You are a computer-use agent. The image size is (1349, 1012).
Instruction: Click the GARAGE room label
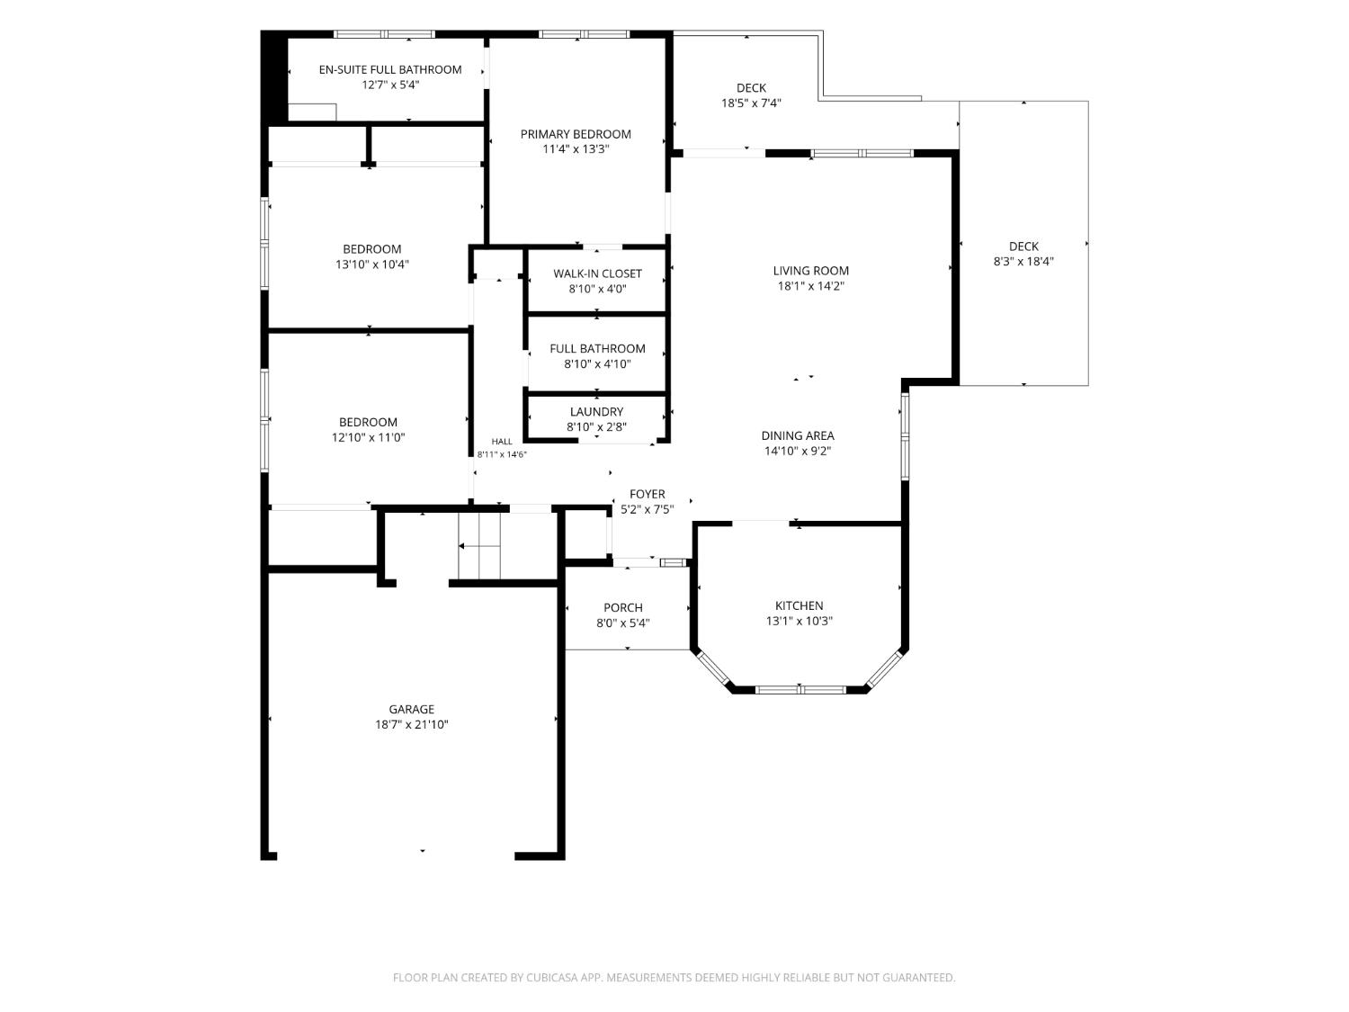point(411,709)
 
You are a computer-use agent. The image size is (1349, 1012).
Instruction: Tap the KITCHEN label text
point(799,605)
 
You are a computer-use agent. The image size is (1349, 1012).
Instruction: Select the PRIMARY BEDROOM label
point(576,134)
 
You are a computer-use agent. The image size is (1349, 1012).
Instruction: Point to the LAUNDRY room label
point(596,412)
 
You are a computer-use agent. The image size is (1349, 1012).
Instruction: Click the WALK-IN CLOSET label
point(597,273)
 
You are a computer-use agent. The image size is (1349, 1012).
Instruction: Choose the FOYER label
point(648,494)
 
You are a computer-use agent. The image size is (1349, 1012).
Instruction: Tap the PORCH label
point(622,608)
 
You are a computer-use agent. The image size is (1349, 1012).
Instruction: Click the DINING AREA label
point(798,435)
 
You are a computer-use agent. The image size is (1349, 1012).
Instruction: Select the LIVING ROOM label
point(810,271)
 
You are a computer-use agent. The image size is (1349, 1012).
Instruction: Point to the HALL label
point(502,441)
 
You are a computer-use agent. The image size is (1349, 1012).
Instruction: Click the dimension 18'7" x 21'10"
point(411,724)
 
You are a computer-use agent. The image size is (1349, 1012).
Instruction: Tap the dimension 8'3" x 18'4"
point(1023,261)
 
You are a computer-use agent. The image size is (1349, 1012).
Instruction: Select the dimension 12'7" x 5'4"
point(390,85)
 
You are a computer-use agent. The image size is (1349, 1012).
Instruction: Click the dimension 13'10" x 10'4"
point(371,264)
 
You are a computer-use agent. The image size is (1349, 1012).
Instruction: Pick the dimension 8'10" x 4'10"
point(597,363)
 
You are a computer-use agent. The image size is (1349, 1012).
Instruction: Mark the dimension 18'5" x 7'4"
point(751,103)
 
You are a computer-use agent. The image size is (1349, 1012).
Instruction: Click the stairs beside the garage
point(479,546)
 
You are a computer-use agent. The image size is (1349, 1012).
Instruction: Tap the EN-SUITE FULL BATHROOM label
point(390,69)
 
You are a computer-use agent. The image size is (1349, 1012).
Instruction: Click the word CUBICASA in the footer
point(550,978)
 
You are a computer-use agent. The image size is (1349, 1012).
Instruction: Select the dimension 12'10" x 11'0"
point(368,437)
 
